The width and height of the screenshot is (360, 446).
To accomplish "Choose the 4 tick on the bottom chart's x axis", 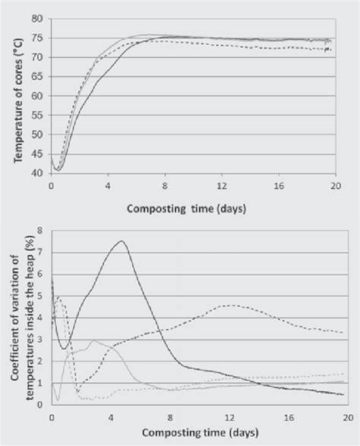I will [x=111, y=419].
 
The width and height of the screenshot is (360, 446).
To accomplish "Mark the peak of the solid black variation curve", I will [x=122, y=241].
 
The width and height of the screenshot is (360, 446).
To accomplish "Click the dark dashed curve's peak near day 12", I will [x=229, y=305].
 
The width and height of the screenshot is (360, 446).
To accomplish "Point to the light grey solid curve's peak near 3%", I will [x=93, y=340].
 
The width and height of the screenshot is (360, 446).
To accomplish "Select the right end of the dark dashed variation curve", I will [x=343, y=332].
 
